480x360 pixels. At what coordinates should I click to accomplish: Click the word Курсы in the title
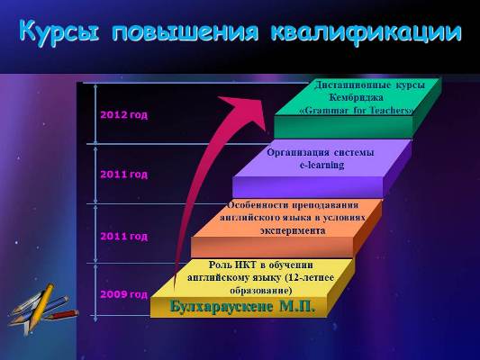59,31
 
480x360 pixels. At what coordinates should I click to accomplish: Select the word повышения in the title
185,31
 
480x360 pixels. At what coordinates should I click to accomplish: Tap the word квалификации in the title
367,32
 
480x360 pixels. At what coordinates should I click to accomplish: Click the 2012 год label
124,115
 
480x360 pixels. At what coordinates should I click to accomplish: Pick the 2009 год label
124,294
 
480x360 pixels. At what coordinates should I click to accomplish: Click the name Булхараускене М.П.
242,306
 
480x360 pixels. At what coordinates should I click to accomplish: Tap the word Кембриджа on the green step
357,97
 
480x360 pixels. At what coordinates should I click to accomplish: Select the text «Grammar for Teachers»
357,110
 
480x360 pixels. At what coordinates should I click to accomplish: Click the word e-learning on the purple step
322,165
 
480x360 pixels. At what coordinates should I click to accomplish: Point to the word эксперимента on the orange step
293,230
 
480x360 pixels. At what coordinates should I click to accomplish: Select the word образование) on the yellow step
261,291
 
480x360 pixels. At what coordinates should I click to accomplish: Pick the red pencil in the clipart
62,315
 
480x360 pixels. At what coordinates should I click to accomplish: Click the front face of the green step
343,127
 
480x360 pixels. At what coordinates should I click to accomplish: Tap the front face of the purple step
308,187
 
